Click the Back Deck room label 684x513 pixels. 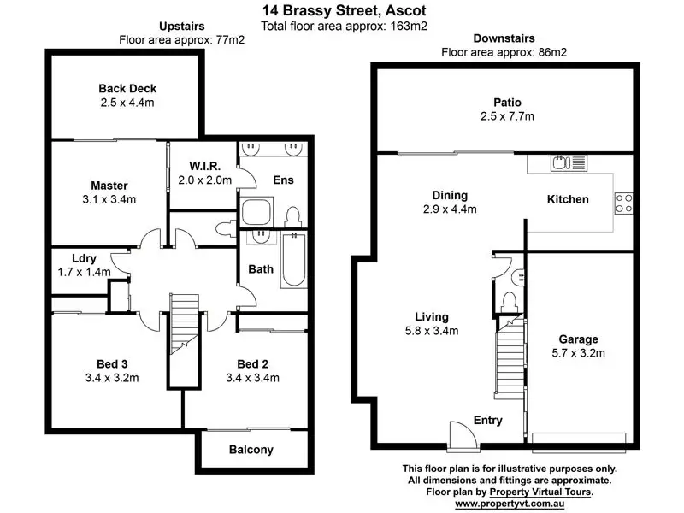[x=127, y=88]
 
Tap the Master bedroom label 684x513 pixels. [x=109, y=186]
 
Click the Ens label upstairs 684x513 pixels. [x=283, y=180]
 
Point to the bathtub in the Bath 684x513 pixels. [x=292, y=262]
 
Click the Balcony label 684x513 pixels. [x=251, y=450]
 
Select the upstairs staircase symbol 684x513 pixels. [x=183, y=324]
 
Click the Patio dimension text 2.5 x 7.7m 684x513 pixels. [x=508, y=116]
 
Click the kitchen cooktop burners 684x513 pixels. [x=623, y=203]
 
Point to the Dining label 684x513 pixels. [x=450, y=194]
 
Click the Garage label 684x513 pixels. [x=578, y=339]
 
